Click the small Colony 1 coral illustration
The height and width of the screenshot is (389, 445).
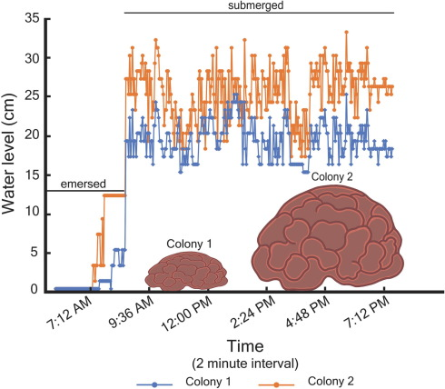point(188,270)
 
